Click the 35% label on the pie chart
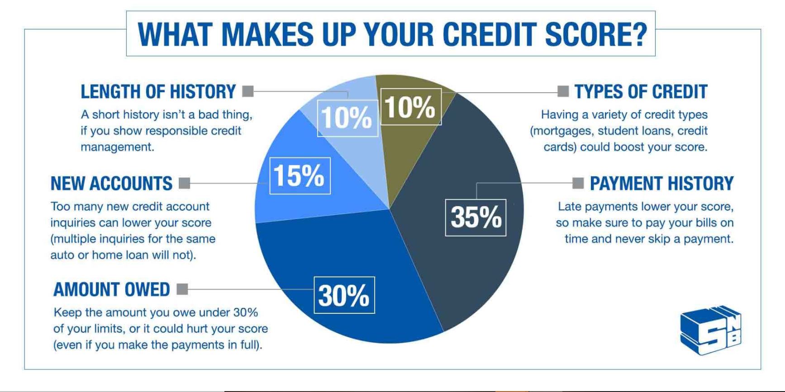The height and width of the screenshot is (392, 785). pos(476,217)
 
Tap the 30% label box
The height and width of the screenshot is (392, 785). pos(344,295)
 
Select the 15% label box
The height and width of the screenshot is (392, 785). pos(300,175)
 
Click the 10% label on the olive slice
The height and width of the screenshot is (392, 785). pos(411,107)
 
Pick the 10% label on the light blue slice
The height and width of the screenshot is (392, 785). pos(347,118)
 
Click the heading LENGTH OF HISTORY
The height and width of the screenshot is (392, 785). pos(158,92)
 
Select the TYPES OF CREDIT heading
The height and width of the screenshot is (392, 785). pos(641,92)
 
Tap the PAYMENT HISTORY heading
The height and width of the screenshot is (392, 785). pos(661,184)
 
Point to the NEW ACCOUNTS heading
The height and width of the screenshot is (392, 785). pos(111,184)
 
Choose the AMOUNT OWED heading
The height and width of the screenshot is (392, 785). pos(111,289)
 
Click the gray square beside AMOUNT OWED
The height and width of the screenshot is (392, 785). pos(182,289)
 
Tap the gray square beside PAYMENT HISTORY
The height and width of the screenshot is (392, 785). pos(578,183)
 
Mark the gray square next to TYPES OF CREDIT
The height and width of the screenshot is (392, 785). pos(563,91)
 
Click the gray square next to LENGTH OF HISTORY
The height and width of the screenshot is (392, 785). pos(248,91)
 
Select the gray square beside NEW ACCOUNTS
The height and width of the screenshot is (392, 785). pos(185,183)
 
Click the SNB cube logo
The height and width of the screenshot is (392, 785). pos(711,330)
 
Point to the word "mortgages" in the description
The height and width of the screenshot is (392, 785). pos(561,131)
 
